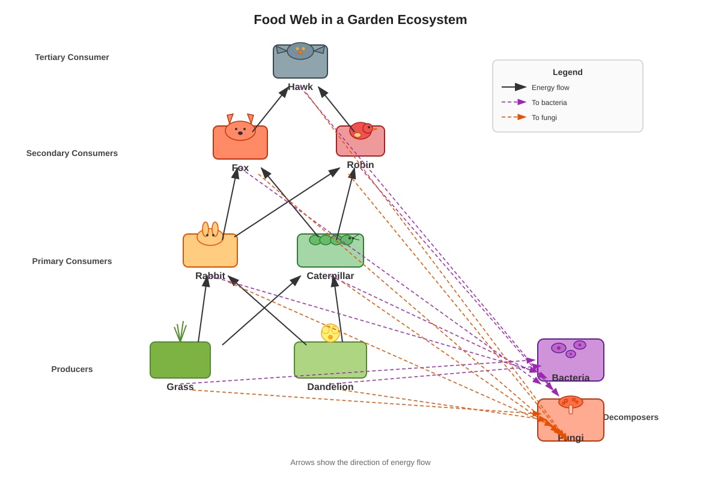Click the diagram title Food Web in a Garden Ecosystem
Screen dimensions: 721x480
360,20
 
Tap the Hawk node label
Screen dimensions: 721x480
300,87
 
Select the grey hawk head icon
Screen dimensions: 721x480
300,51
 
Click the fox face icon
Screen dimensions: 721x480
240,128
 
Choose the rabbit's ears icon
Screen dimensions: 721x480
210,229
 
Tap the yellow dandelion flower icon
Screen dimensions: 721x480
330,333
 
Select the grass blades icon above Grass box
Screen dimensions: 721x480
180,331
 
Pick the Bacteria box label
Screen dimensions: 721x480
570,377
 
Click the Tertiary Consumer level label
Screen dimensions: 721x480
72,57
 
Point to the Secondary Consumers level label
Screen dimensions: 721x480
72,153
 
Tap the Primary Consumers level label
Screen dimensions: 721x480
72,261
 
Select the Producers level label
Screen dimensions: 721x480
72,369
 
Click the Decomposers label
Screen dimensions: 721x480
631,417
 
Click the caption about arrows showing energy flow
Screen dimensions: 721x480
360,463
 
